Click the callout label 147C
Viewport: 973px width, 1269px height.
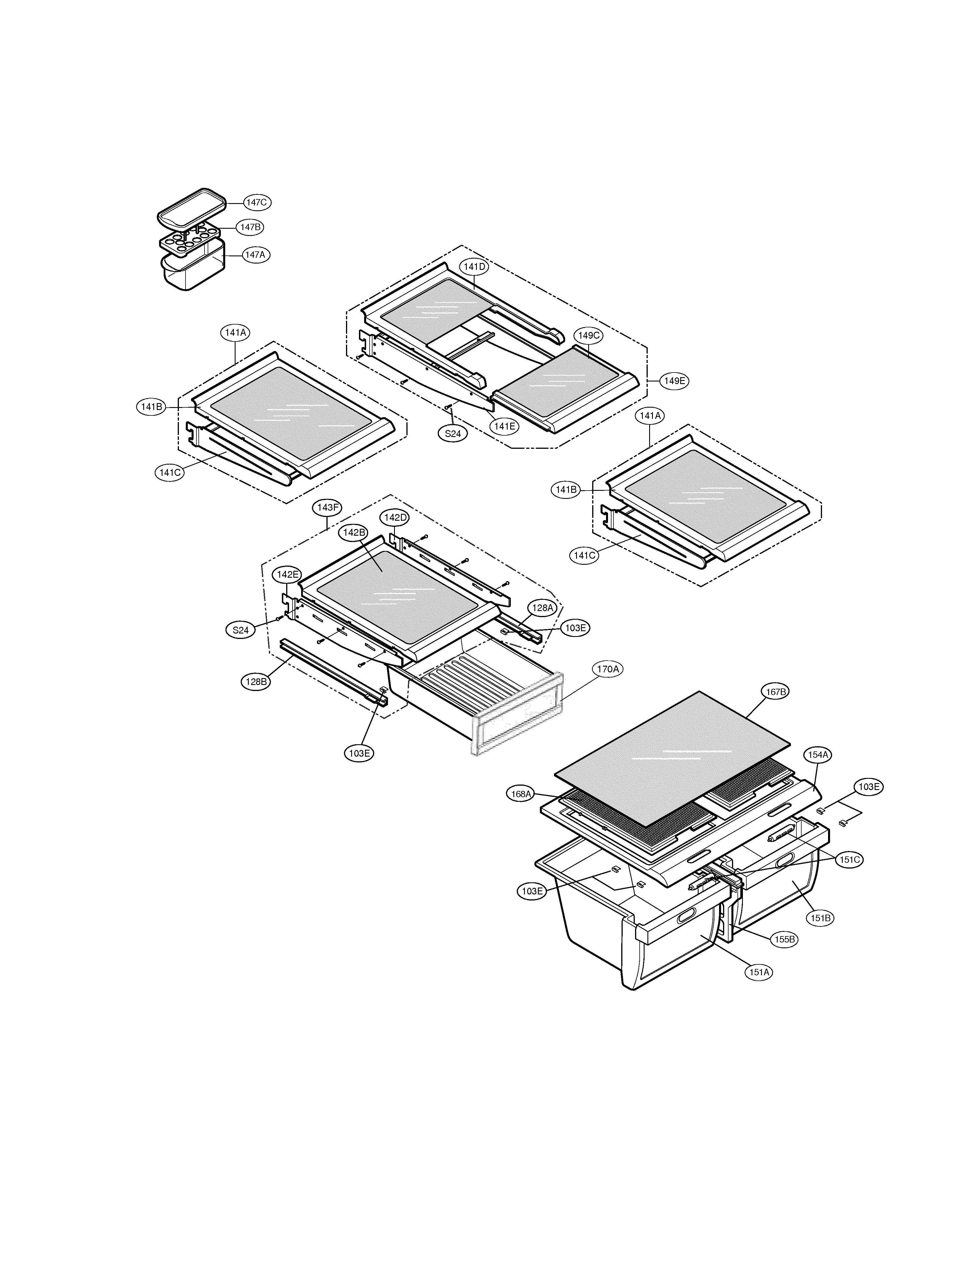[256, 203]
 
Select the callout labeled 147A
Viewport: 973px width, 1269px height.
[256, 255]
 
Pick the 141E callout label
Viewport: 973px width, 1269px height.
[504, 426]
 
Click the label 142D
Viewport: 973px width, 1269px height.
[394, 517]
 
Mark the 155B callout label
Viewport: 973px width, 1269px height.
[784, 939]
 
